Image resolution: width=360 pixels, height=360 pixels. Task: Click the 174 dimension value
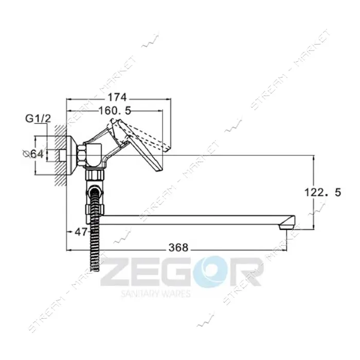(118, 97)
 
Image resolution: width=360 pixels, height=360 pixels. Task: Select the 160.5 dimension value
(115, 111)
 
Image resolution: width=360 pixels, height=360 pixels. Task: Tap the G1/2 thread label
(38, 119)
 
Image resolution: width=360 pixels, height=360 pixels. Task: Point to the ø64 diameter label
(33, 154)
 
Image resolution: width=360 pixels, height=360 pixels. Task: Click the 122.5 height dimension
(322, 192)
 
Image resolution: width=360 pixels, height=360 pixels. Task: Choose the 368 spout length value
(178, 247)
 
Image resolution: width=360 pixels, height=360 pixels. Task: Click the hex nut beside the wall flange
(81, 156)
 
